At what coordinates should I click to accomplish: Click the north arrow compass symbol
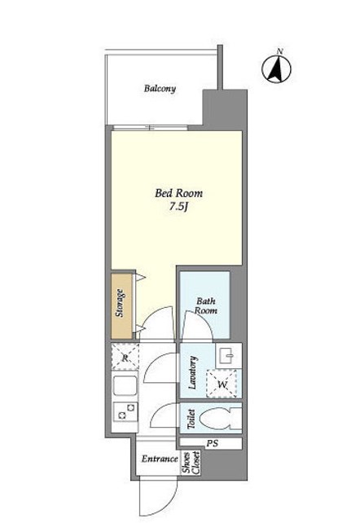tap(276, 68)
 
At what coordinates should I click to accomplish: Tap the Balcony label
tap(160, 89)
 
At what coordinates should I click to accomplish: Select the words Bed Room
tap(178, 193)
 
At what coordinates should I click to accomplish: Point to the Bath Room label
tap(206, 305)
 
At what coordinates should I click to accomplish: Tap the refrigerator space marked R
tap(125, 357)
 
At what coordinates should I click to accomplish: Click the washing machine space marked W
tap(222, 384)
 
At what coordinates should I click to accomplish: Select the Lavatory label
tap(193, 372)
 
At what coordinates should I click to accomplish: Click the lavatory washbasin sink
tap(229, 355)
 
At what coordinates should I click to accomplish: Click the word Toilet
tap(191, 419)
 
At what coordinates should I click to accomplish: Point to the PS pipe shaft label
tap(212, 444)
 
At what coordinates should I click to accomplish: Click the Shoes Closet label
tap(191, 462)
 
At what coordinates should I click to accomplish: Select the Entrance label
tap(160, 459)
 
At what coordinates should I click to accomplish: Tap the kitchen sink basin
tap(125, 386)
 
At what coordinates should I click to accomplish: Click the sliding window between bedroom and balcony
tap(150, 128)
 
